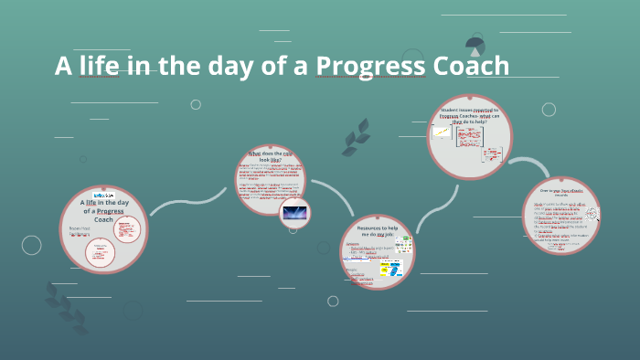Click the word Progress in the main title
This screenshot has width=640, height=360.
[x=364, y=67]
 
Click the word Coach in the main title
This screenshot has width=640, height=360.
[x=464, y=66]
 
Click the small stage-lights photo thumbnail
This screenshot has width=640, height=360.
[x=295, y=213]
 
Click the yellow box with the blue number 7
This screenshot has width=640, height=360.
[x=394, y=271]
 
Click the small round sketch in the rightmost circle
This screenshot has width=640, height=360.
[x=591, y=214]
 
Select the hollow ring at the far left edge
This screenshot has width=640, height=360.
[x=31, y=245]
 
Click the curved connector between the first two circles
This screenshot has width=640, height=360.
[x=187, y=203]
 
